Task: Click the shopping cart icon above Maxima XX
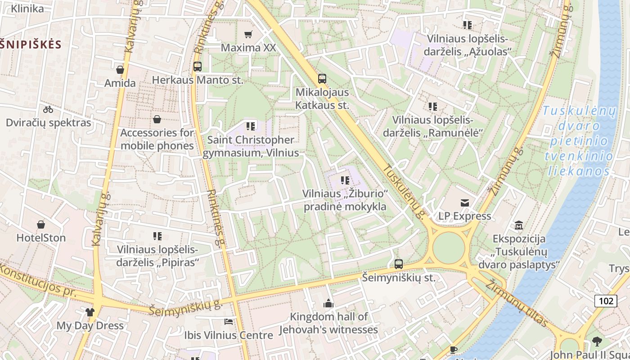click(248, 34)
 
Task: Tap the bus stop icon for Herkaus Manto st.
click(197, 67)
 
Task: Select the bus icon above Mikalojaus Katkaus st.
click(322, 79)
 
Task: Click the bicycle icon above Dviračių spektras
click(48, 109)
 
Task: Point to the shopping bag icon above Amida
click(120, 70)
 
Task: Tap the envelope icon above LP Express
click(465, 203)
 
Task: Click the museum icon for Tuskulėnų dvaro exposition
click(519, 225)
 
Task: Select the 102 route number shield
click(606, 301)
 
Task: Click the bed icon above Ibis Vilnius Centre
click(229, 322)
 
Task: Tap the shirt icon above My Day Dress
click(90, 312)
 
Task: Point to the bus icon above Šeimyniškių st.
click(399, 264)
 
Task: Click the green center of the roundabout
click(449, 247)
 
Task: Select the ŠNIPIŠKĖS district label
click(30, 44)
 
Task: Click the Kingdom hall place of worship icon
click(328, 303)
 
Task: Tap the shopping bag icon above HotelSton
click(41, 224)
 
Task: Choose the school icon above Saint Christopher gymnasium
click(251, 126)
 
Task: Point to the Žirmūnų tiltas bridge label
click(517, 302)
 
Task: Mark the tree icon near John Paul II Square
click(597, 341)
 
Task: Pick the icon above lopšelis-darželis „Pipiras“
click(157, 236)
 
